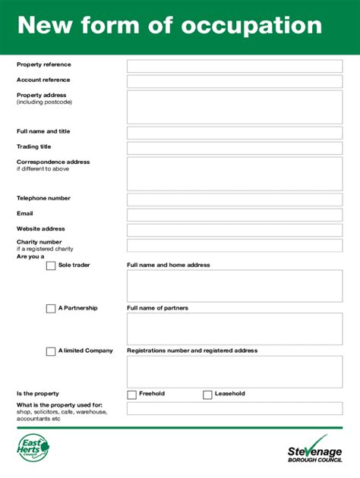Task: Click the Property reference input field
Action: point(234,66)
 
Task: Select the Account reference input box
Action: point(234,81)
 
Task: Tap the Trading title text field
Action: point(234,148)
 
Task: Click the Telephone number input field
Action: point(234,200)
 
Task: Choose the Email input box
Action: point(234,215)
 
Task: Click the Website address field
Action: point(234,230)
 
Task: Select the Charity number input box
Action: point(234,245)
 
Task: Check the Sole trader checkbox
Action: point(51,266)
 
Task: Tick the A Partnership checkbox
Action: point(51,309)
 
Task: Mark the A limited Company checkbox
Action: point(51,351)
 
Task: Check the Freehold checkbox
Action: point(131,395)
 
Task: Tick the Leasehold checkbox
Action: point(207,395)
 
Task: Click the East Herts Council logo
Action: point(33,449)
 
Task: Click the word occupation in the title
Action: point(251,26)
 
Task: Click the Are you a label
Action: point(30,256)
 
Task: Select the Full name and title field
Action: point(234,133)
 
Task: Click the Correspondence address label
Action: point(53,162)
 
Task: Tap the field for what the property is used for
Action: point(234,408)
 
